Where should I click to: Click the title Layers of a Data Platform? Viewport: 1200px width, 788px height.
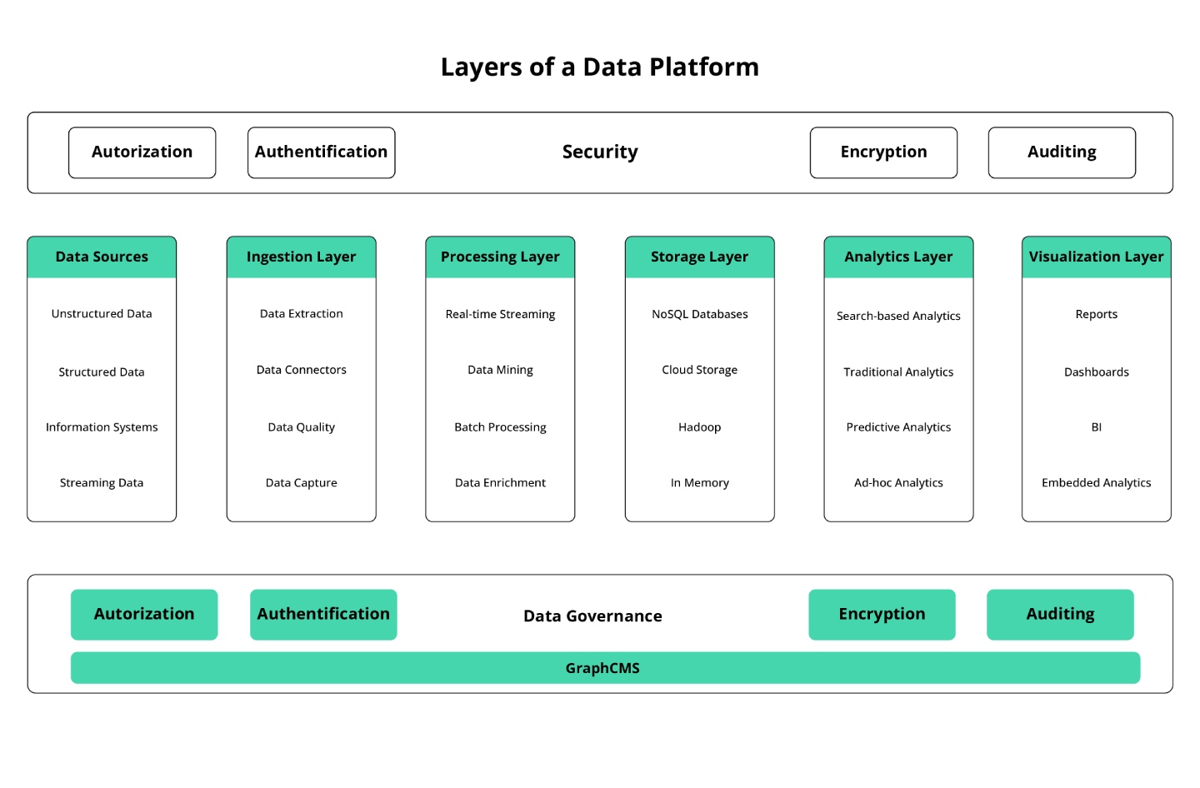click(599, 67)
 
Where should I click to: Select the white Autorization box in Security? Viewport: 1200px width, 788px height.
click(142, 152)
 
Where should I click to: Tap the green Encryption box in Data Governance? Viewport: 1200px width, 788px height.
click(882, 615)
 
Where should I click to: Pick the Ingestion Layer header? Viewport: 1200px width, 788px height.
click(301, 257)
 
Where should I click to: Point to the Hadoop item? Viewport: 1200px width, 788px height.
click(699, 427)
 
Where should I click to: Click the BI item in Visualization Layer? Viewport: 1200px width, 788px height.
click(1096, 427)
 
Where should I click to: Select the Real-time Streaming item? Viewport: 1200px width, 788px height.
click(500, 314)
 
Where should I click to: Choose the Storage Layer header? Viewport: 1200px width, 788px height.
click(699, 257)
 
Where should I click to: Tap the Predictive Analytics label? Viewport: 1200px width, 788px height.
click(898, 427)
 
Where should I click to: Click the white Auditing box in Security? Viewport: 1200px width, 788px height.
click(1062, 152)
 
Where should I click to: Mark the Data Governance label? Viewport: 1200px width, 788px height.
click(592, 616)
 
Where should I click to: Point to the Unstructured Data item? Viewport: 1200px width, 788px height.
click(102, 314)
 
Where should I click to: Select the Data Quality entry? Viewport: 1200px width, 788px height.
click(301, 427)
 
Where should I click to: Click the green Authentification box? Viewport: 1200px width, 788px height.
click(323, 615)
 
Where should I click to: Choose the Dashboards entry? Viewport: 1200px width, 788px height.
click(1096, 372)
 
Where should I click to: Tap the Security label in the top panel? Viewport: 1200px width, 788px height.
click(600, 152)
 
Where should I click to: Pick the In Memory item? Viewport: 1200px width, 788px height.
click(699, 483)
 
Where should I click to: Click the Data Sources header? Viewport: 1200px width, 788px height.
click(102, 257)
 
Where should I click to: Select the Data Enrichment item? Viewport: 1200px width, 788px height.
click(500, 483)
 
